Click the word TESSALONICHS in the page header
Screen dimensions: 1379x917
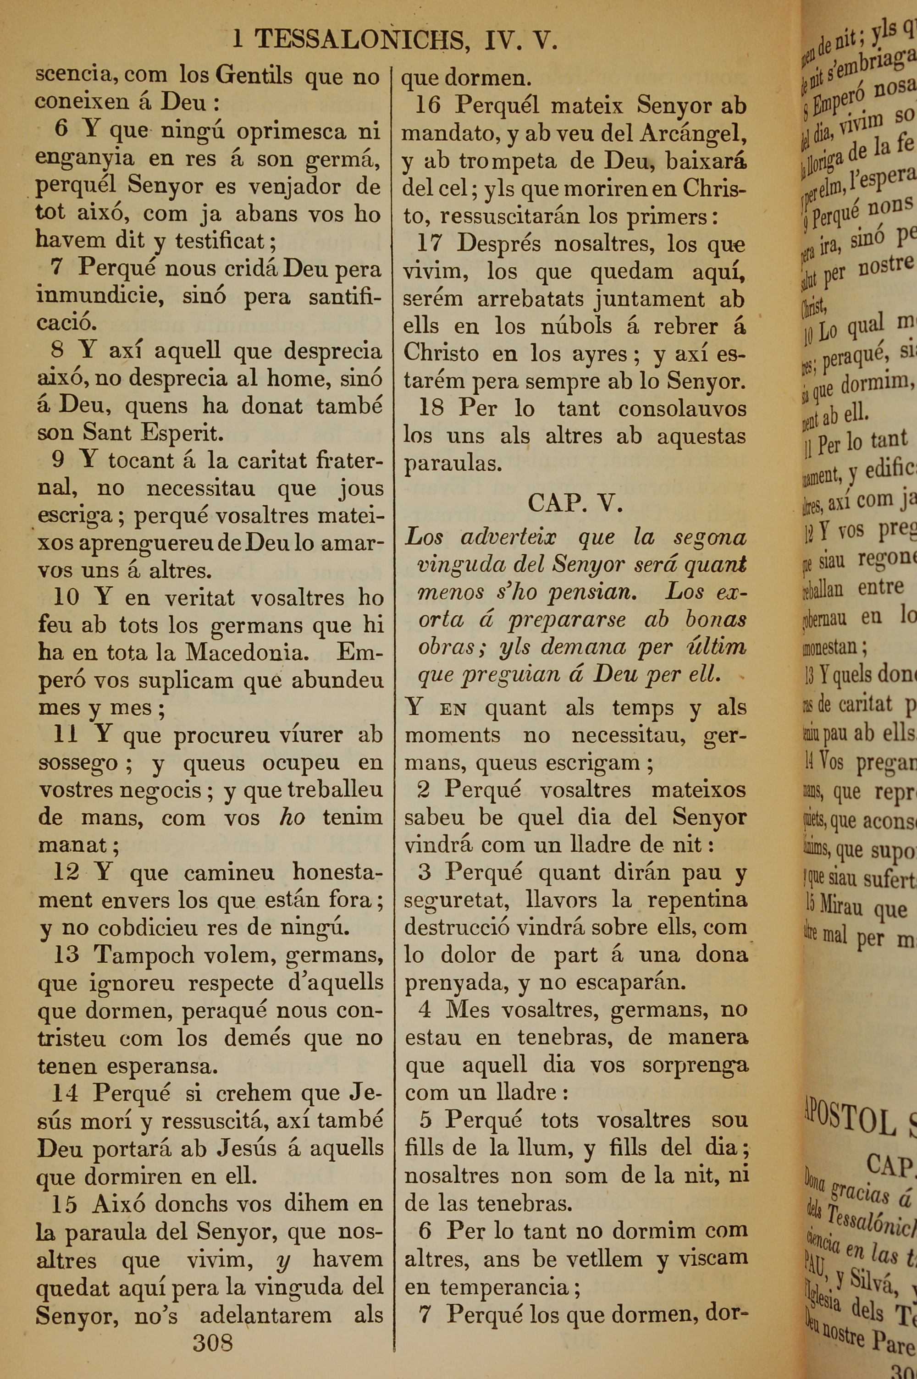pyautogui.click(x=359, y=40)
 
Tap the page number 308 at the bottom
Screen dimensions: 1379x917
pyautogui.click(x=213, y=1343)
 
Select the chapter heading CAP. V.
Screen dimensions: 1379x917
pyautogui.click(x=575, y=503)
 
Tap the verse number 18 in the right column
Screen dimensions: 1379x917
pyautogui.click(x=431, y=408)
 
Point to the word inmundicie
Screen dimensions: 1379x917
pyautogui.click(x=100, y=296)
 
